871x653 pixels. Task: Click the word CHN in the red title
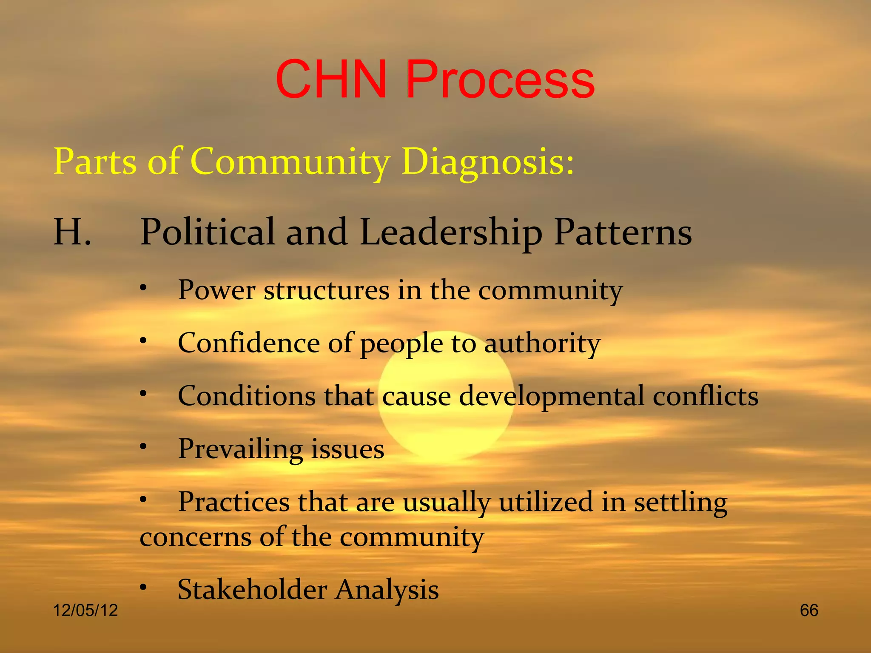click(x=331, y=79)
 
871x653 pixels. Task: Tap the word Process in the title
click(x=500, y=79)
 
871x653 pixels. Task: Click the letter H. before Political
click(x=72, y=232)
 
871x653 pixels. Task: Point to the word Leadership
click(x=451, y=232)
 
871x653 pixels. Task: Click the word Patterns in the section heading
click(x=623, y=232)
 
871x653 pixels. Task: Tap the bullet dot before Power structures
click(x=144, y=288)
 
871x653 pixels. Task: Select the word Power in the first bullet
click(x=216, y=290)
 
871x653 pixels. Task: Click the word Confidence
click(x=248, y=343)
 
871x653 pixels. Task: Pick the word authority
click(x=542, y=343)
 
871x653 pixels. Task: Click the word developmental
click(x=552, y=396)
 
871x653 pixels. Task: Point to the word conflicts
click(x=706, y=396)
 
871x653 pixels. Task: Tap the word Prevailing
click(x=240, y=449)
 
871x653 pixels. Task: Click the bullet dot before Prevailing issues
click(x=144, y=446)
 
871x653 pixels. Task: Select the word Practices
click(x=233, y=502)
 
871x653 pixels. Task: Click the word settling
click(x=680, y=502)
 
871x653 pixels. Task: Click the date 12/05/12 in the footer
click(x=85, y=610)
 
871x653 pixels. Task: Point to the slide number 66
click(x=808, y=610)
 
